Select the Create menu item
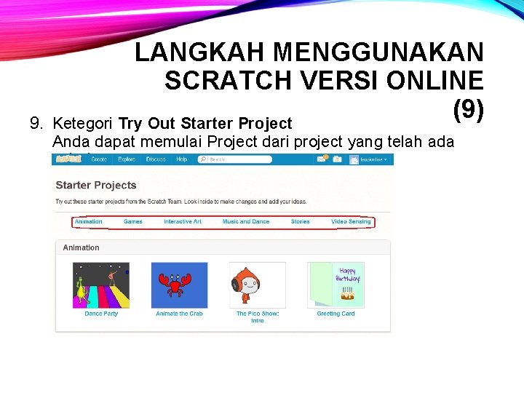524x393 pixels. pyautogui.click(x=99, y=159)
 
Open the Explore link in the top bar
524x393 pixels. pyautogui.click(x=127, y=159)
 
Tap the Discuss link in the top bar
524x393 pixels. pyautogui.click(x=156, y=159)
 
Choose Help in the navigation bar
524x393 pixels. pyautogui.click(x=181, y=159)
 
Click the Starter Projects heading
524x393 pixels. pyautogui.click(x=96, y=185)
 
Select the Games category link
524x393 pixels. pyautogui.click(x=133, y=221)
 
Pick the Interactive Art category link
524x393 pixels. pyautogui.click(x=183, y=221)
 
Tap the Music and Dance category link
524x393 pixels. pyautogui.click(x=245, y=221)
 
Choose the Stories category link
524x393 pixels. pyautogui.click(x=300, y=221)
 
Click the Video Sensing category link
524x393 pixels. pyautogui.click(x=351, y=221)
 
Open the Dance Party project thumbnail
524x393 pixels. pyautogui.click(x=101, y=285)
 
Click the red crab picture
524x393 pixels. pyautogui.click(x=179, y=285)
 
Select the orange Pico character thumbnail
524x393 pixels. pyautogui.click(x=258, y=285)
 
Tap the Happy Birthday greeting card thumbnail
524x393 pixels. pyautogui.click(x=336, y=285)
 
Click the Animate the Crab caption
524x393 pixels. pyautogui.click(x=179, y=314)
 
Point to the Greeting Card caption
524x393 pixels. pyautogui.click(x=336, y=314)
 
